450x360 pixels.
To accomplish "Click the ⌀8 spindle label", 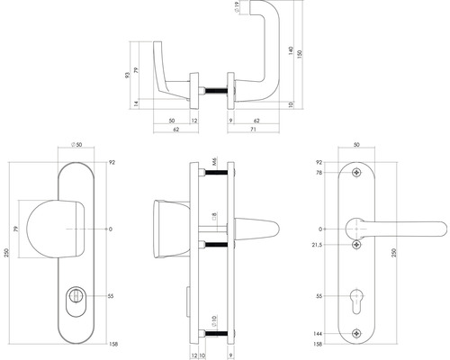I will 213,218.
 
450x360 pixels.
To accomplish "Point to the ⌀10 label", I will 213,321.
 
